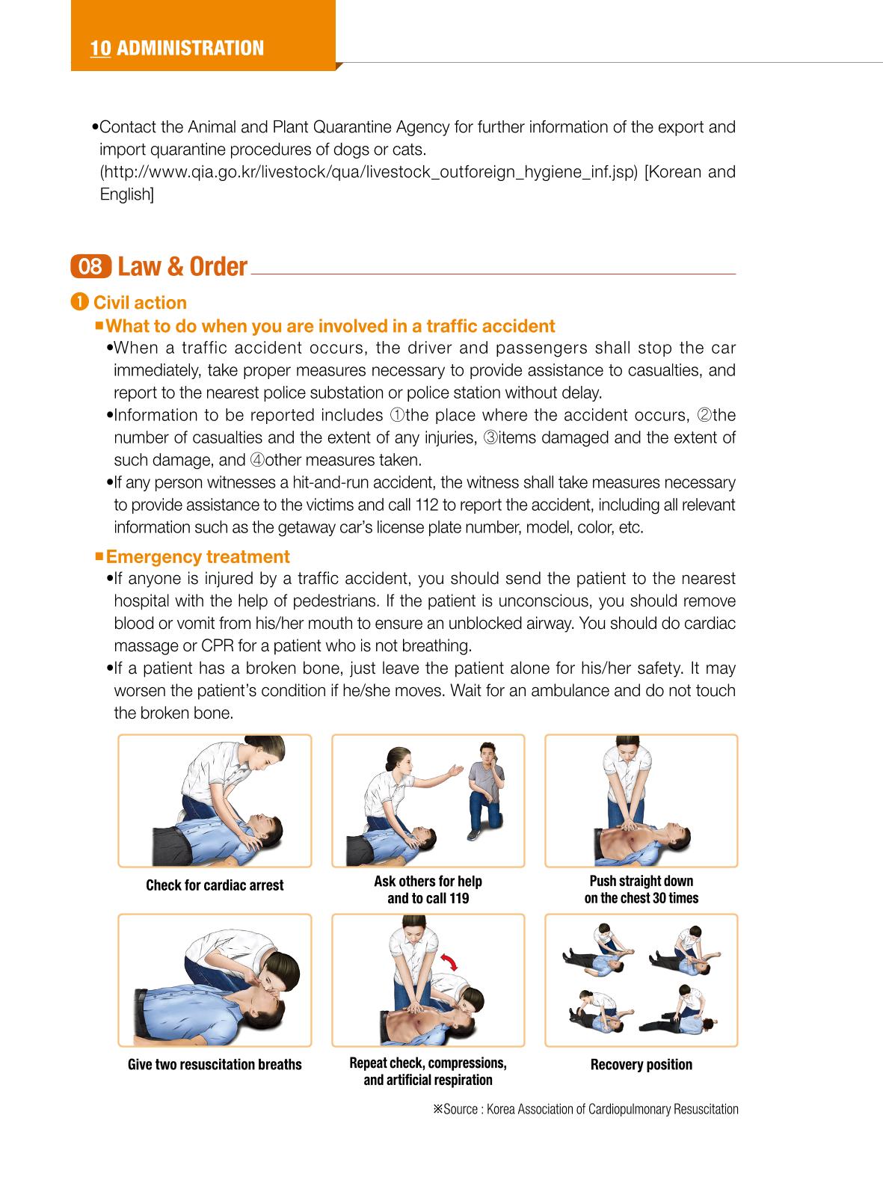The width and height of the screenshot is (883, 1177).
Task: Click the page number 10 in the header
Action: tap(100, 49)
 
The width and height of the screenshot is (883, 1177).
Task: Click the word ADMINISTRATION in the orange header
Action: tap(191, 49)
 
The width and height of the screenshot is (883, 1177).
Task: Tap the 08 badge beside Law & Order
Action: tap(90, 266)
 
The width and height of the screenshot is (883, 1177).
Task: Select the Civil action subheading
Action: tap(140, 303)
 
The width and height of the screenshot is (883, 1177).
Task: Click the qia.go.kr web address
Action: tap(369, 172)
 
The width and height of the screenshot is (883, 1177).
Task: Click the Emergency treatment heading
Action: tap(198, 556)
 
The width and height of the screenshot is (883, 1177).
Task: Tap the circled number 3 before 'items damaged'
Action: tap(490, 437)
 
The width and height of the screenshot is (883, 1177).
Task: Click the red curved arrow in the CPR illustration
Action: tap(449, 962)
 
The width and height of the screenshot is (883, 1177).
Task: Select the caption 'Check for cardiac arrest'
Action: tap(215, 885)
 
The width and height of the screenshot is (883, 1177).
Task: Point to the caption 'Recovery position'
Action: tap(642, 1064)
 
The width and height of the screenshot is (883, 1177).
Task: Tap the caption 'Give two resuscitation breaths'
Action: tap(215, 1064)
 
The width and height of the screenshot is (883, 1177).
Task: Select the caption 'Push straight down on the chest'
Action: tap(642, 890)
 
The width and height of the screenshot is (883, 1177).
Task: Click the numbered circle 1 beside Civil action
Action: tap(79, 302)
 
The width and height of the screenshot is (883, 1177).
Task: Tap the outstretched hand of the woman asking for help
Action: tap(456, 770)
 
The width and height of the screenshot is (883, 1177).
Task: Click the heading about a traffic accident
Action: tap(330, 326)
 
